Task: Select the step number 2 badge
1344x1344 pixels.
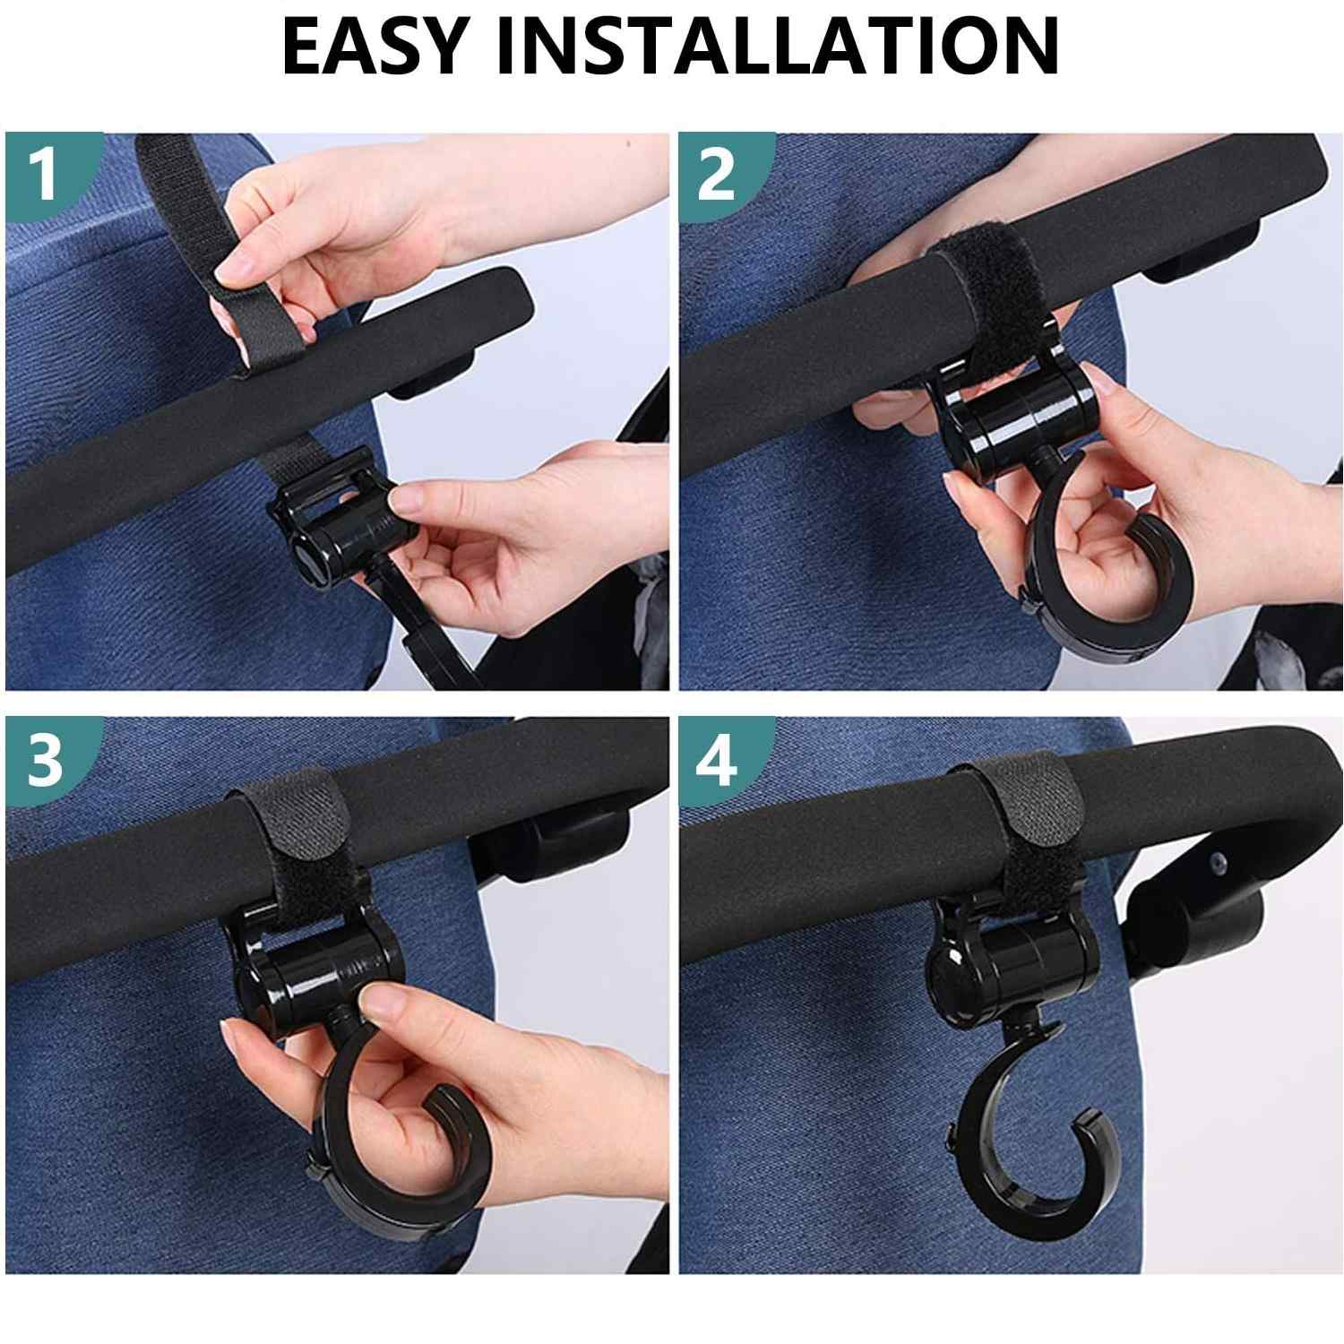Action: pos(717,174)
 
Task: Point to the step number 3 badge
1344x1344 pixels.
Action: pos(45,760)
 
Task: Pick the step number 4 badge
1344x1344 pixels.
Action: pos(717,760)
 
